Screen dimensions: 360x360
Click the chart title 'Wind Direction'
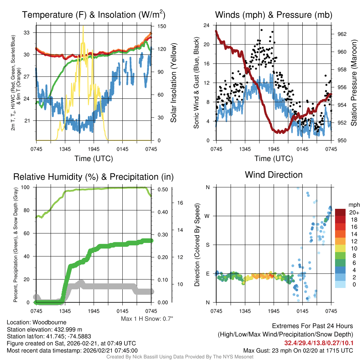pos(274,175)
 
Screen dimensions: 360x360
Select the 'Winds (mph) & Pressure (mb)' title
pos(274,15)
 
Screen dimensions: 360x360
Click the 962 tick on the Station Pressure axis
pos(342,34)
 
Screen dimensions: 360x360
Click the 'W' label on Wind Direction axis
pos(207,216)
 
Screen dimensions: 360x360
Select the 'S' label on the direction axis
pos(207,245)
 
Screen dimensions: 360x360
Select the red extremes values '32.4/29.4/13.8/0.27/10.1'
pos(319,342)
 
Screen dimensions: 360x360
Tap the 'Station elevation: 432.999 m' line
pos(44,329)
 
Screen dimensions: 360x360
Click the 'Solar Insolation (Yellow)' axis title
pos(173,83)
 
